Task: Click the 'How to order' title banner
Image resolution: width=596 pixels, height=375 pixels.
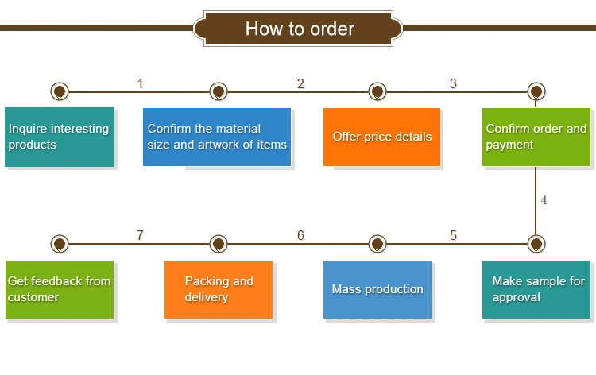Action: pos(300,29)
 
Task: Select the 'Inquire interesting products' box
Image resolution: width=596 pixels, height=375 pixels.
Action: pos(60,137)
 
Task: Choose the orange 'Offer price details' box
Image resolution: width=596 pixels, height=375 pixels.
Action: pos(381,137)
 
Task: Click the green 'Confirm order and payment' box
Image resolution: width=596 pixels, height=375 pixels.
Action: pos(536,137)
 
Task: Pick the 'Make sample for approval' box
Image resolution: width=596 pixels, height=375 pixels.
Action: pos(536,289)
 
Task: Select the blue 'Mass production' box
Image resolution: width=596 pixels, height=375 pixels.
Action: pos(377,289)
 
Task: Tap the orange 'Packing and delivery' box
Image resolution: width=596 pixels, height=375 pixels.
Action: pos(219,289)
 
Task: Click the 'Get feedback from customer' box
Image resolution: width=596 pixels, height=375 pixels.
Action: pos(60,289)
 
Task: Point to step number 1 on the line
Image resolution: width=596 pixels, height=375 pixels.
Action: pos(140,83)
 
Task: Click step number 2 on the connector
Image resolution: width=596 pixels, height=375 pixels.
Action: pos(300,83)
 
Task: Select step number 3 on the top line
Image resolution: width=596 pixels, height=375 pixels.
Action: pos(453,83)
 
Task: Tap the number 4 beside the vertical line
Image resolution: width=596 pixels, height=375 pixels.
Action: pos(544,200)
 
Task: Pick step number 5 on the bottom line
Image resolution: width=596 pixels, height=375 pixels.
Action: pos(453,235)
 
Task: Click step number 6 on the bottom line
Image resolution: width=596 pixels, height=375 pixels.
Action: pos(300,235)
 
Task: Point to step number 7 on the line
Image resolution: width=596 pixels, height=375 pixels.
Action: pos(140,235)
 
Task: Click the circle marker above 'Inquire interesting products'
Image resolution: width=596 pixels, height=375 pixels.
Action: pos(59,91)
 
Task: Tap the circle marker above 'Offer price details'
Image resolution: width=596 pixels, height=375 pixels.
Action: pos(377,91)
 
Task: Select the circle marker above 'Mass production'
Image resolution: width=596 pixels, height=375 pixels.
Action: pos(377,243)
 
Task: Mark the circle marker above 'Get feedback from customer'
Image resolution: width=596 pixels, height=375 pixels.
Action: pos(59,243)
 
